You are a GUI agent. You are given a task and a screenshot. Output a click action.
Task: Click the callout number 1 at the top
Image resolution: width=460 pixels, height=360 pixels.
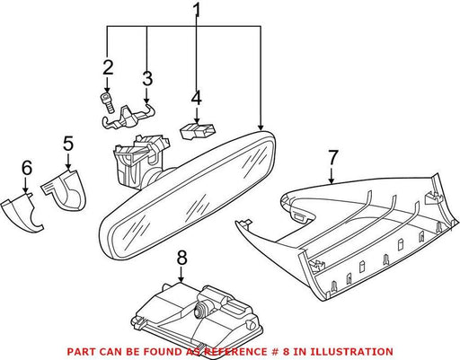click(x=197, y=11)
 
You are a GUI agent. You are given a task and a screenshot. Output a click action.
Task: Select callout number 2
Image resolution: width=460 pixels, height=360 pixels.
click(x=108, y=67)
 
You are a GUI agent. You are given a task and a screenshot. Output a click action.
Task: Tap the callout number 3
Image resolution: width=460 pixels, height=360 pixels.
click(x=147, y=79)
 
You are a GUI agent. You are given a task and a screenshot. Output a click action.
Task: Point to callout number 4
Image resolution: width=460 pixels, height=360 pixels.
click(x=197, y=99)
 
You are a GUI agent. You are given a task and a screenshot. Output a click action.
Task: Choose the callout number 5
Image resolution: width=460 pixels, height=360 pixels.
click(x=68, y=144)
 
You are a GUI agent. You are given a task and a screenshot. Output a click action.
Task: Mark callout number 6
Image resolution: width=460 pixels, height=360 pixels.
click(x=27, y=168)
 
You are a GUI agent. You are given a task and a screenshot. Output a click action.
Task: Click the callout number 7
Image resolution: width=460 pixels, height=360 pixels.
click(x=333, y=158)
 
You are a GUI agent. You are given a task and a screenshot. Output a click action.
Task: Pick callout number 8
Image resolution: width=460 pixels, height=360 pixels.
click(x=181, y=258)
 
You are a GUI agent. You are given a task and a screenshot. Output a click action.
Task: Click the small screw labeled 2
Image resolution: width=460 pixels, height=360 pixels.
click(x=108, y=102)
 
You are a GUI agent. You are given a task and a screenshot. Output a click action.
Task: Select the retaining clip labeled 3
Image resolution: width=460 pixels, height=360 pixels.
click(x=128, y=117)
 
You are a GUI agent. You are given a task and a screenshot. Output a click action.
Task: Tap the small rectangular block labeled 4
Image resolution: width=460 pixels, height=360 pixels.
click(x=198, y=130)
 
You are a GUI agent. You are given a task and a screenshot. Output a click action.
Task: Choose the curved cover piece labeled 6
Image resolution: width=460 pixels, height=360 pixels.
click(x=22, y=212)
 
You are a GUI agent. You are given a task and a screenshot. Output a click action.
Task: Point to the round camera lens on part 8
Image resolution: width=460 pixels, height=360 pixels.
click(x=199, y=310)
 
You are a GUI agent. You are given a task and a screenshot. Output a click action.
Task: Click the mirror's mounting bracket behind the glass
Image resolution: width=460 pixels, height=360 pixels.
click(x=138, y=162)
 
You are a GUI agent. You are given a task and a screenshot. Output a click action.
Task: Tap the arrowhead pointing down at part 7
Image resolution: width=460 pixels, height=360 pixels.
click(x=332, y=180)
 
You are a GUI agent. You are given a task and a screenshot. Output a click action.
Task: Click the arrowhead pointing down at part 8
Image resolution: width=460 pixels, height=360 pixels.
click(x=181, y=279)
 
